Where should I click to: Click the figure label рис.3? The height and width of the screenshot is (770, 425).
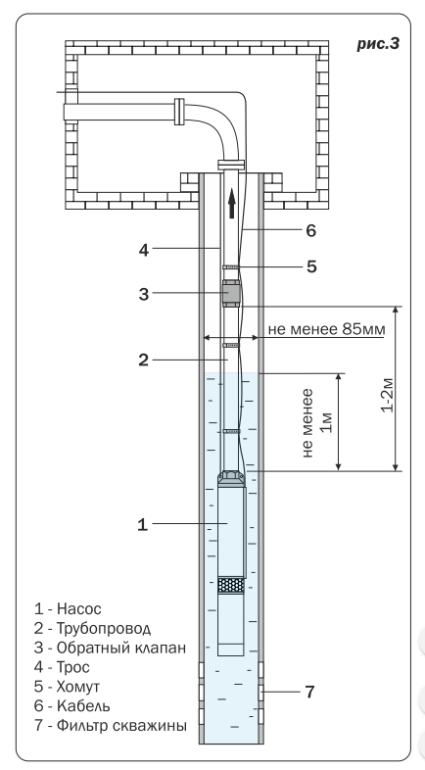click(378, 44)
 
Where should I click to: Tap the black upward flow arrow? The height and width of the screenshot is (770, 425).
click(232, 204)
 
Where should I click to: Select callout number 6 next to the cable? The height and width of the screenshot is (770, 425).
click(311, 230)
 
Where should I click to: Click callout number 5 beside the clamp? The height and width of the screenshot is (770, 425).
click(311, 266)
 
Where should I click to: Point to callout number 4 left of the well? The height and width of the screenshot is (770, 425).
click(143, 250)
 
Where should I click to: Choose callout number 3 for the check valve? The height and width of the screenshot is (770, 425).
click(143, 294)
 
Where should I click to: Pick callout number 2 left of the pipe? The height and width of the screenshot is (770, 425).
click(143, 360)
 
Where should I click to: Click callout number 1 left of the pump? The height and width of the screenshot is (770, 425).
click(142, 524)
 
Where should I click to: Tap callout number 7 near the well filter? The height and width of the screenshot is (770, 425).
click(309, 692)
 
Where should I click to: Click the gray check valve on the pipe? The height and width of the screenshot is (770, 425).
click(231, 293)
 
